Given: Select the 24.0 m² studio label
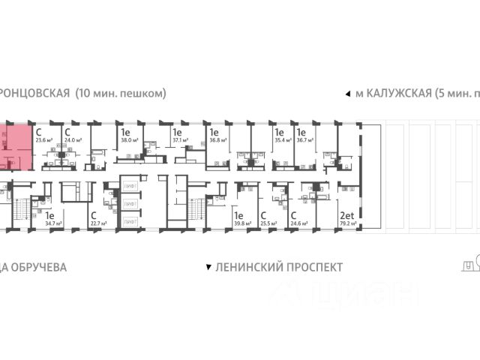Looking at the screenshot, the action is point(72,139).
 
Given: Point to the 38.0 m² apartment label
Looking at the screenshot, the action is point(128,139).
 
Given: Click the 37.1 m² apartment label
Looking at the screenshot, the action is point(180,139).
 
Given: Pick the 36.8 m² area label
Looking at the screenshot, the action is point(217,139).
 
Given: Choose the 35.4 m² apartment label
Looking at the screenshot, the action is point(281,139).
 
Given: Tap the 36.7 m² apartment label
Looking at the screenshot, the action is point(304,139).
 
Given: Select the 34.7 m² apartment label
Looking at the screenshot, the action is point(52,223).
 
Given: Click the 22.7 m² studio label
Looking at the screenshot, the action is point(97,223).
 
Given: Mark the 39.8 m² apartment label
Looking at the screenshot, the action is point(241,223).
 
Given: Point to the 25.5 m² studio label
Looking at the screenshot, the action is point(267,223).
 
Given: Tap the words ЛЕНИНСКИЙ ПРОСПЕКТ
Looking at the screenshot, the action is point(278,267).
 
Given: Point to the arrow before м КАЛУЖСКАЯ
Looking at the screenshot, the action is point(346,94).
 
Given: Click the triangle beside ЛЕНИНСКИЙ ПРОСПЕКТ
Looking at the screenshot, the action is point(208,267).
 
